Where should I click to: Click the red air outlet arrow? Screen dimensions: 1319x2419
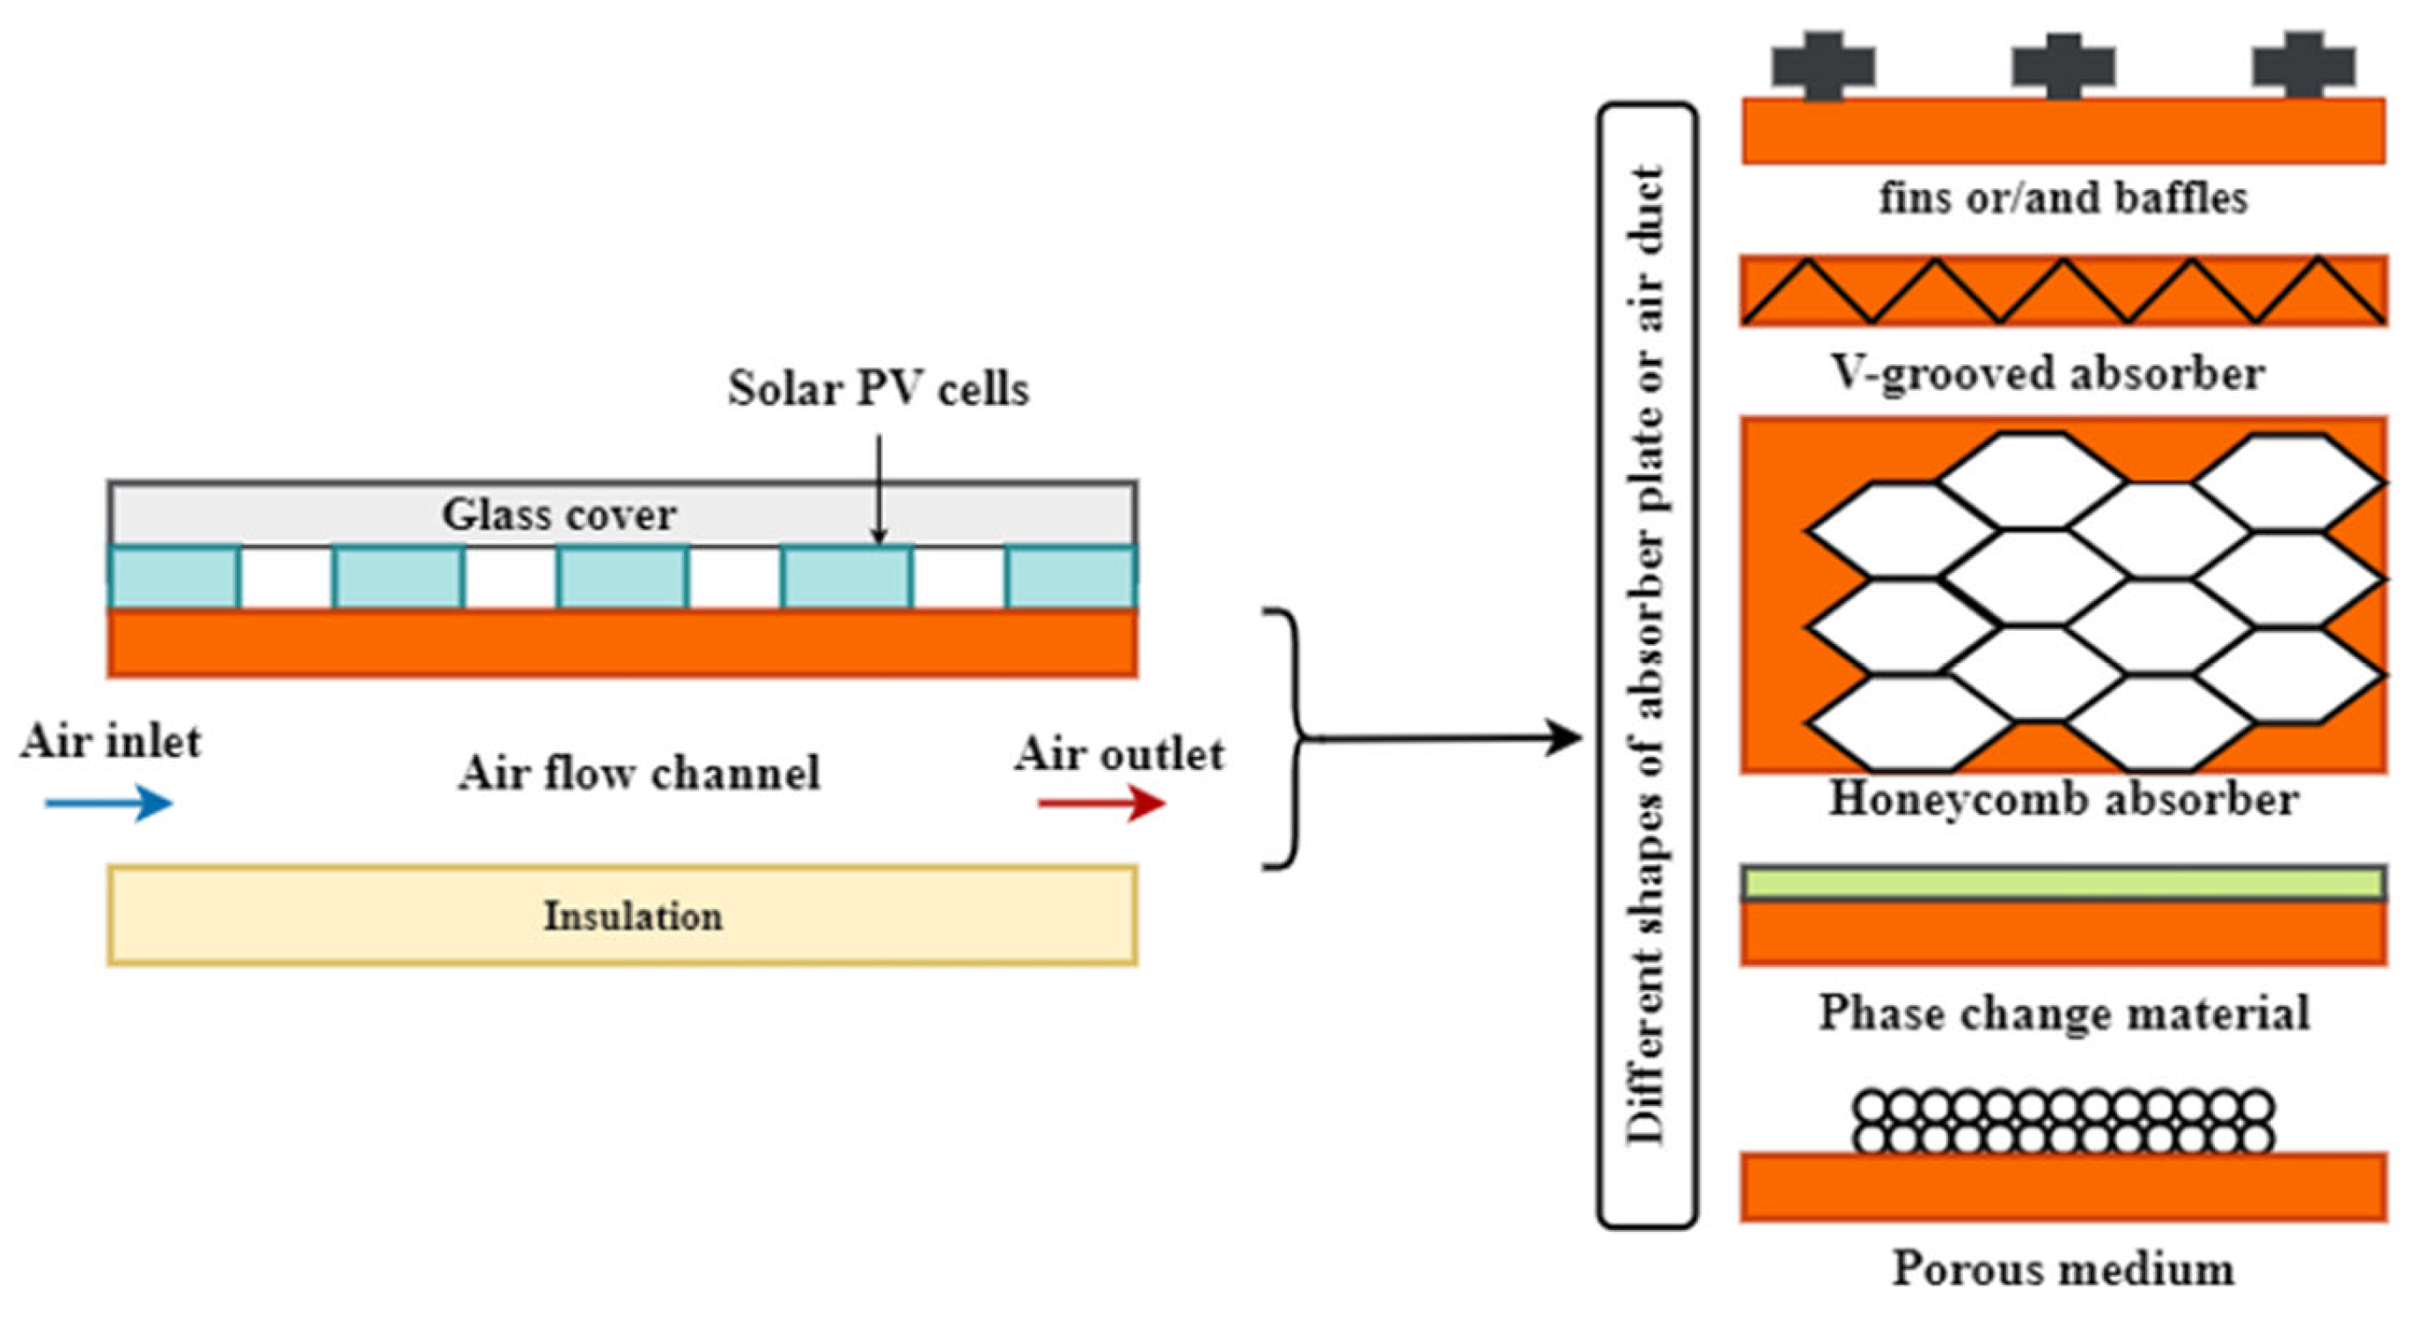tap(1101, 802)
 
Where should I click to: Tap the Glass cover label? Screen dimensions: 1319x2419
tap(559, 515)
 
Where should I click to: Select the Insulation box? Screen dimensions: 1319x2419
tap(622, 915)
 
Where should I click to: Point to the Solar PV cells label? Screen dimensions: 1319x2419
tap(878, 389)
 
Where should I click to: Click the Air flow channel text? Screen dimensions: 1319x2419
tap(638, 773)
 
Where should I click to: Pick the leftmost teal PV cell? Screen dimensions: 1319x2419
tap(173, 577)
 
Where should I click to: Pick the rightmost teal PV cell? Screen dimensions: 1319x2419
tap(1070, 577)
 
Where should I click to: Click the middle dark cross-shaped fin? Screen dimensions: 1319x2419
tap(2063, 66)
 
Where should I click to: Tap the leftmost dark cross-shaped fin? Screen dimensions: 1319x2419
tap(1823, 66)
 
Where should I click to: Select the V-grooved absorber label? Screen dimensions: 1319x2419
tap(2048, 374)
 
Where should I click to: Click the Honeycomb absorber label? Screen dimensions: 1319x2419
tap(2063, 800)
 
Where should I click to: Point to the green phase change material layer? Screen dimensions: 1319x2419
tap(2063, 883)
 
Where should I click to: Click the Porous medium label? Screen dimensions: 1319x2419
tap(2063, 1269)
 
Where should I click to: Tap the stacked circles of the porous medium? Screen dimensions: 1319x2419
tap(2063, 1121)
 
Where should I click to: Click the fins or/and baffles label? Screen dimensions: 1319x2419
tap(2063, 198)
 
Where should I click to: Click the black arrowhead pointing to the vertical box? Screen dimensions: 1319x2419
tap(1564, 738)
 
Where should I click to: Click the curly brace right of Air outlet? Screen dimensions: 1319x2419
tap(1291, 738)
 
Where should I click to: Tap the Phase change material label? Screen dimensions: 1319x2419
tap(2063, 1013)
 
